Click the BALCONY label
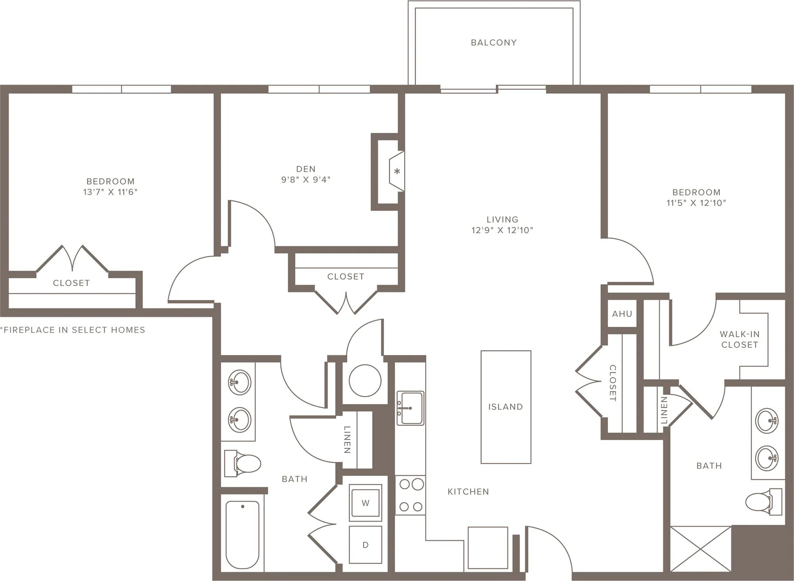(493, 43)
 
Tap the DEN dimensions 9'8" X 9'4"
(306, 180)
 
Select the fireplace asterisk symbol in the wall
(397, 172)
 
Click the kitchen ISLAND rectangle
(506, 407)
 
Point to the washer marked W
(365, 503)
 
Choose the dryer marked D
(365, 545)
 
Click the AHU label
(622, 314)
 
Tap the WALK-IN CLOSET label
(740, 339)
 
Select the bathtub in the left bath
(242, 535)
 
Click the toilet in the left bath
(242, 463)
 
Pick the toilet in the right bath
(763, 502)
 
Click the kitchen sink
(410, 408)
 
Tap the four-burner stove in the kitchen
(410, 495)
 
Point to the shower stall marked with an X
(701, 549)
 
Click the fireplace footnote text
(73, 330)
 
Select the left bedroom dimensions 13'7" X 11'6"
(110, 192)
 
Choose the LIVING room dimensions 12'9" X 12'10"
(502, 230)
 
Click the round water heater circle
(365, 381)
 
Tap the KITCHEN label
(468, 492)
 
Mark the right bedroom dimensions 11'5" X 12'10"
(696, 203)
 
